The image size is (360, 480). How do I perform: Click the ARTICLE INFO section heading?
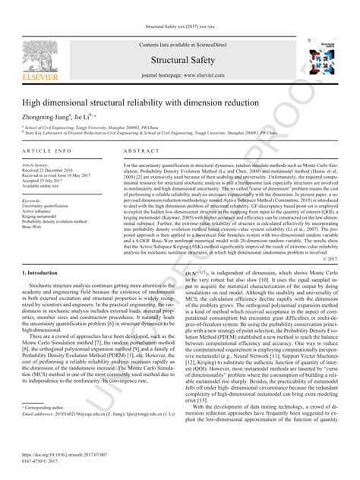tap(48, 151)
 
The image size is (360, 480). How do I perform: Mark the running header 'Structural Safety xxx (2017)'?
tap(180, 27)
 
